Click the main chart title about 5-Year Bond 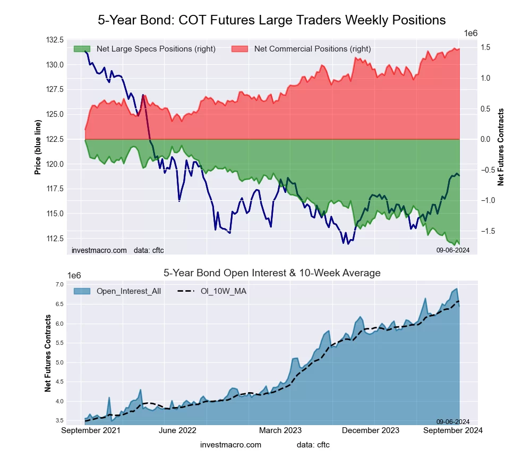271,20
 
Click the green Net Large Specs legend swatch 81,49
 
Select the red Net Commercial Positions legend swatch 239,49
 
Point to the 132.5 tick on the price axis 55,40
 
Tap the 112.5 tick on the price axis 55,238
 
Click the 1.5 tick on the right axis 485,48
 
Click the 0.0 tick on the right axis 485,139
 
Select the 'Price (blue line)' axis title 38,147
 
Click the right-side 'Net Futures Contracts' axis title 500,147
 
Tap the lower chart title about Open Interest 271,273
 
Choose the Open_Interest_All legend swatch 81,291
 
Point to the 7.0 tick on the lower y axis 58,285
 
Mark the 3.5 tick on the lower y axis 58,420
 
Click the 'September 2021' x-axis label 91,430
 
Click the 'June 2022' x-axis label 178,430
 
